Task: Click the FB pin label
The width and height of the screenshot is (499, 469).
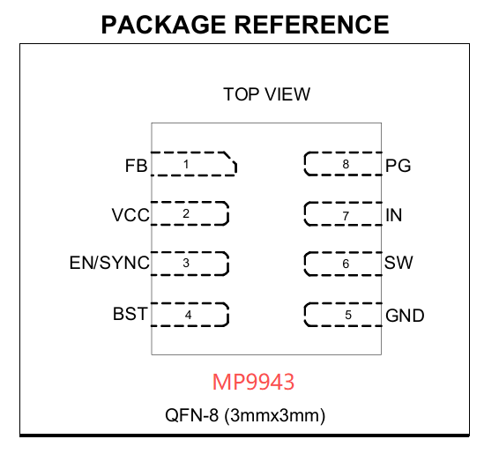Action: coord(136,166)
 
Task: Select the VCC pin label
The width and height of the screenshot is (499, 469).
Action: coord(130,215)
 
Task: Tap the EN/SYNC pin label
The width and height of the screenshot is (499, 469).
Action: coord(109,263)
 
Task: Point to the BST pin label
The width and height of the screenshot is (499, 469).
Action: coord(130,314)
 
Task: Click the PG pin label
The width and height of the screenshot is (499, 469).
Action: coord(398,166)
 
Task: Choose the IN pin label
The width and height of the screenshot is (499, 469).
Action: coord(394,215)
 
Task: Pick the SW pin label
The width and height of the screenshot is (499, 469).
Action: coord(398,263)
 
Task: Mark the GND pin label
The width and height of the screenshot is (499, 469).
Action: coord(405,316)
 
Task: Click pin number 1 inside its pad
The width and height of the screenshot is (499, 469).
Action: coord(186,164)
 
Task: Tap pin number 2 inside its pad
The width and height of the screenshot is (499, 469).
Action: coord(186,213)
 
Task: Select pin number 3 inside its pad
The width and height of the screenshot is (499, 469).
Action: coord(186,263)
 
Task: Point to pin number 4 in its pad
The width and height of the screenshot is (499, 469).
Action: coord(188,315)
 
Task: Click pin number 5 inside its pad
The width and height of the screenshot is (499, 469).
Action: coord(348,315)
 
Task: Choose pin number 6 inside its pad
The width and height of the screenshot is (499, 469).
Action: coord(346,264)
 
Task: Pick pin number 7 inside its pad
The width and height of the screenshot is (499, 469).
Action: coord(346,216)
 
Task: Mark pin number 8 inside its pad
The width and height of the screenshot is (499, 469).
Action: coord(346,164)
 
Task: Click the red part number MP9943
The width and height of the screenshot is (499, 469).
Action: coord(253,382)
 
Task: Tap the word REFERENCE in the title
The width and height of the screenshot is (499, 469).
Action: coord(312,25)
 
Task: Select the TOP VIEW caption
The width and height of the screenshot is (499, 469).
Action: coord(266,94)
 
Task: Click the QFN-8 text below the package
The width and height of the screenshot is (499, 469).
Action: coord(191,415)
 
